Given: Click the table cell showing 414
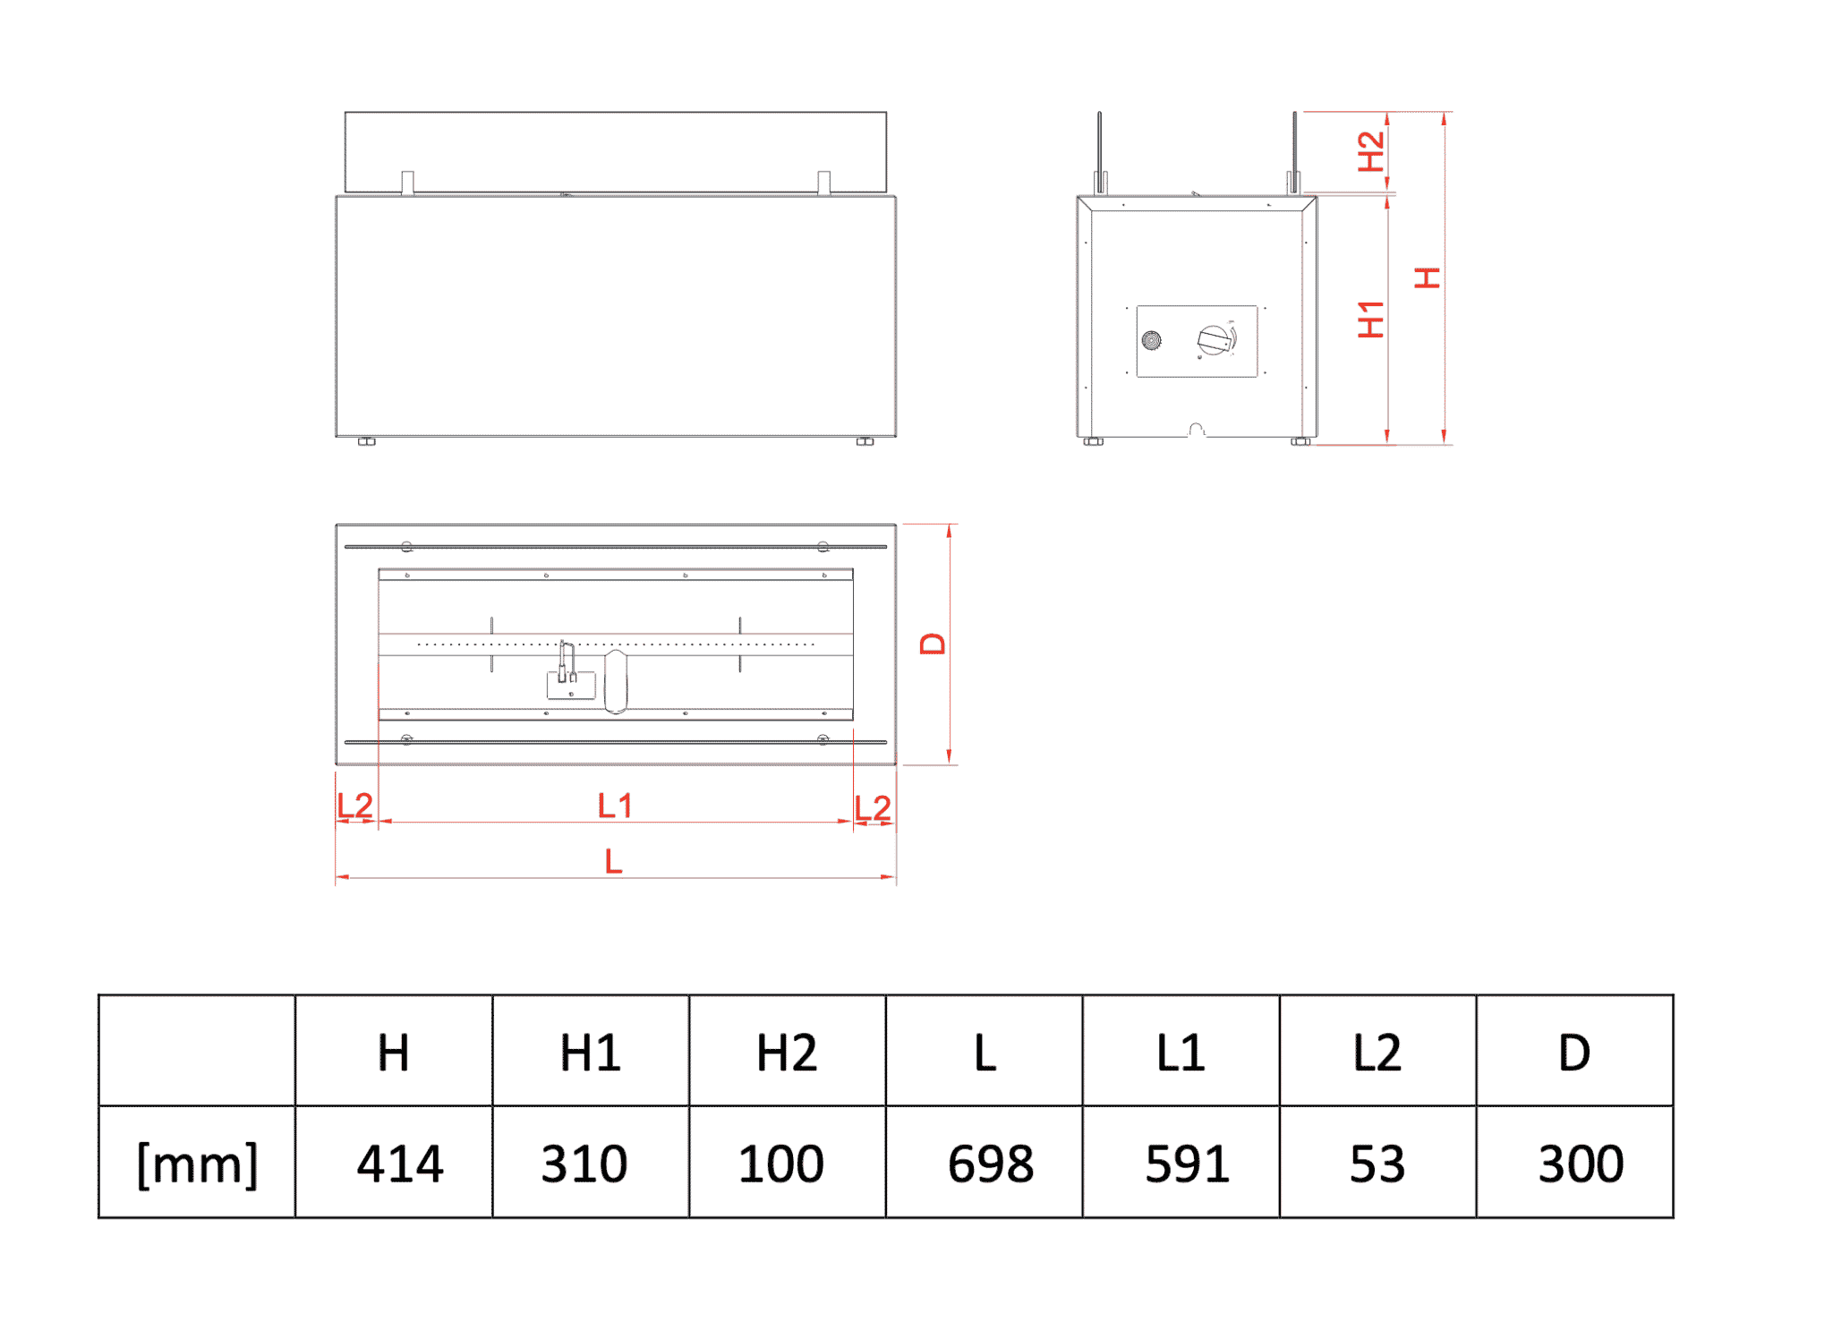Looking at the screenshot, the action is point(400,1164).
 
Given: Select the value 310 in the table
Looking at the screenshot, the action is point(584,1164).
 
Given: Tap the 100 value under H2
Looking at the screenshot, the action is point(781,1164).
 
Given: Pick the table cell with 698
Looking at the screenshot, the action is point(991,1164).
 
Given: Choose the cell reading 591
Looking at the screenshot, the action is point(1188,1164).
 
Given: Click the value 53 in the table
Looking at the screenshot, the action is point(1377,1164).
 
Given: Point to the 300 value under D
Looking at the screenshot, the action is point(1581,1164).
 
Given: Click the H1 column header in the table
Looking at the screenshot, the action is point(591,1053).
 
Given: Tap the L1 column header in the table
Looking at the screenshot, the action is point(1181,1053).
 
